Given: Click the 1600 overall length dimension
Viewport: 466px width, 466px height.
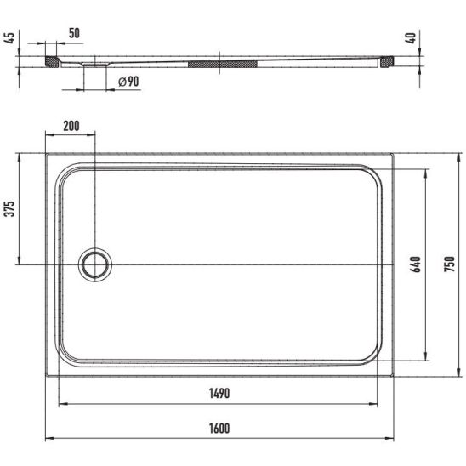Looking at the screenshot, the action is point(219,429).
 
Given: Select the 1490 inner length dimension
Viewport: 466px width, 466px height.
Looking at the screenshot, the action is point(219,394).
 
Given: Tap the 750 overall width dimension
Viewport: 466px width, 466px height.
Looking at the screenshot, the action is point(449,264).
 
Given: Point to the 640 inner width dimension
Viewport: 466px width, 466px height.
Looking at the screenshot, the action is point(416,264).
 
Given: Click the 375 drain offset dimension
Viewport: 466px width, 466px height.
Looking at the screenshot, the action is point(10,209).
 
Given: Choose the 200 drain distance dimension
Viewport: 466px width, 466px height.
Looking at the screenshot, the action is point(71,126).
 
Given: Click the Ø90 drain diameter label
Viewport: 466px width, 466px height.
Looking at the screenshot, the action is point(128,82).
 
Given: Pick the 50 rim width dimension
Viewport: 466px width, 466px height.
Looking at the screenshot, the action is point(74,33).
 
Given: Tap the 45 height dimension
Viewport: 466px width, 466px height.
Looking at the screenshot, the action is point(9,38).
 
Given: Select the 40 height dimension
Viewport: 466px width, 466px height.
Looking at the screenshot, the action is point(412,38).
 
